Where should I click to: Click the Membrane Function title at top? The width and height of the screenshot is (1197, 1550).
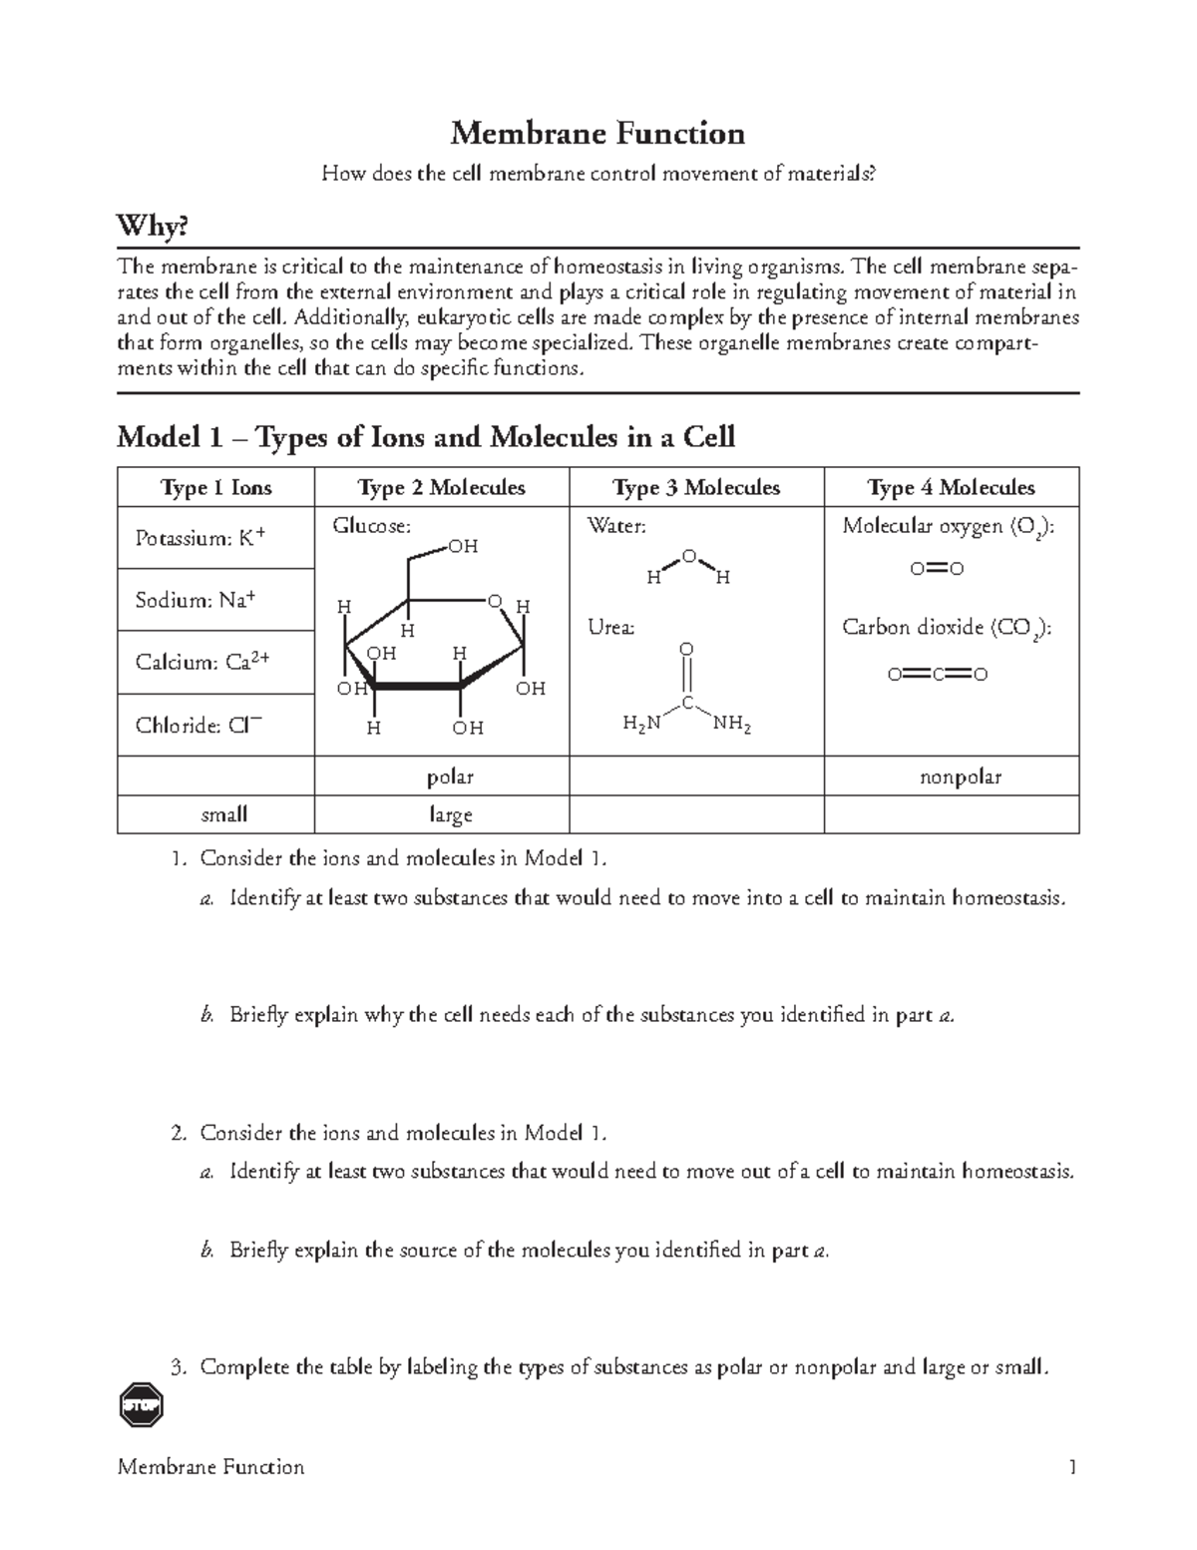[x=598, y=133]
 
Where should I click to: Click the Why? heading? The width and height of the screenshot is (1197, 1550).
[x=152, y=228]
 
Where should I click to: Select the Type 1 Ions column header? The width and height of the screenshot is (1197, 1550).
[x=215, y=487]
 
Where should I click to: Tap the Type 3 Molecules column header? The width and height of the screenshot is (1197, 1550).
[x=695, y=487]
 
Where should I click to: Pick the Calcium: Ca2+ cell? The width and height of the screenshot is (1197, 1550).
[x=202, y=663]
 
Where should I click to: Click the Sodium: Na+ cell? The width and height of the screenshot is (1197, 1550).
[x=196, y=600]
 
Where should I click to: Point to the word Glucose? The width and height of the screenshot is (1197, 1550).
[x=371, y=526]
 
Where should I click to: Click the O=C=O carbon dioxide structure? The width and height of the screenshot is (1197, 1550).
[x=938, y=675]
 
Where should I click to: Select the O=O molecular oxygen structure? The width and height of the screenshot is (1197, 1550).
[x=937, y=569]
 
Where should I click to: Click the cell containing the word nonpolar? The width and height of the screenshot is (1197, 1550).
[x=951, y=776]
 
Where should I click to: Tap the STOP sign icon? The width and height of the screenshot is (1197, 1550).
[x=140, y=1407]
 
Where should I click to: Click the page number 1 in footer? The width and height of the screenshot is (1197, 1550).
[x=1072, y=1466]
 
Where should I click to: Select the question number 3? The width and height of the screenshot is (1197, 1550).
[x=179, y=1367]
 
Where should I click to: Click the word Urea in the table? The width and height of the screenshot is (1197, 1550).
[x=610, y=628]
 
